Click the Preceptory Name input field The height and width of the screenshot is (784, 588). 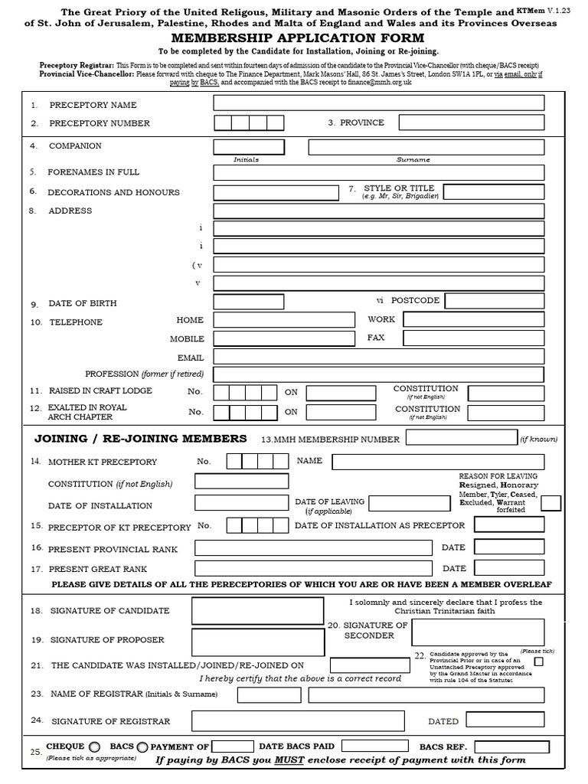pyautogui.click(x=378, y=103)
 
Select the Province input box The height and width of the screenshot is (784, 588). pyautogui.click(x=471, y=122)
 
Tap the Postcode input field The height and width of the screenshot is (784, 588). pyautogui.click(x=495, y=301)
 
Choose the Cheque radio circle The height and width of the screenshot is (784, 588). pyautogui.click(x=94, y=746)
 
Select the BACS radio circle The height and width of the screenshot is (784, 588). pyautogui.click(x=142, y=746)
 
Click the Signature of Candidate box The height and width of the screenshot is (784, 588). pyautogui.click(x=257, y=610)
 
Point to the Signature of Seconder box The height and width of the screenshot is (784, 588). pyautogui.click(x=478, y=632)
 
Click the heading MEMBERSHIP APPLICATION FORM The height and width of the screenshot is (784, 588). pyautogui.click(x=294, y=38)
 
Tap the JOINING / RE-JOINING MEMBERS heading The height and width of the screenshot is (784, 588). pyautogui.click(x=141, y=439)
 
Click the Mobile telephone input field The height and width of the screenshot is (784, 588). pyautogui.click(x=284, y=338)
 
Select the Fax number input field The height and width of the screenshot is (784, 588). pyautogui.click(x=473, y=338)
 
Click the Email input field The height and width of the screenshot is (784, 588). pyautogui.click(x=378, y=357)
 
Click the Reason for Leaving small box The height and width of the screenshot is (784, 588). pyautogui.click(x=550, y=503)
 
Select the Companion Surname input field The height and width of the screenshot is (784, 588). pyautogui.click(x=426, y=147)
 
